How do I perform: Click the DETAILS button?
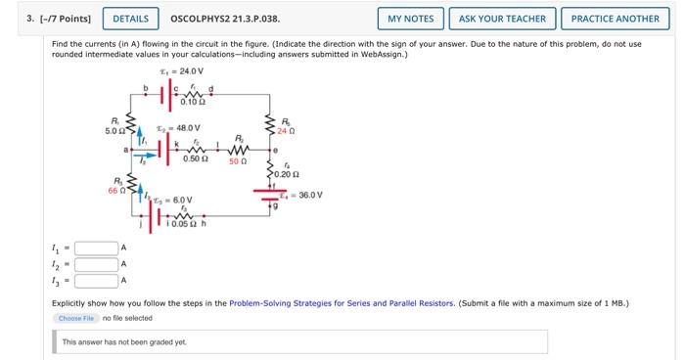point(131,19)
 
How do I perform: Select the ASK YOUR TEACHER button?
point(503,19)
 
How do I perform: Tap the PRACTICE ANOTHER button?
point(615,19)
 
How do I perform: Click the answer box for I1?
point(96,247)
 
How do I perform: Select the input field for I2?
point(96,264)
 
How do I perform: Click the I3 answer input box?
point(96,281)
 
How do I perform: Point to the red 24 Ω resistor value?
point(285,131)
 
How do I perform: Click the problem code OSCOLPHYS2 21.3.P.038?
point(224,19)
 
